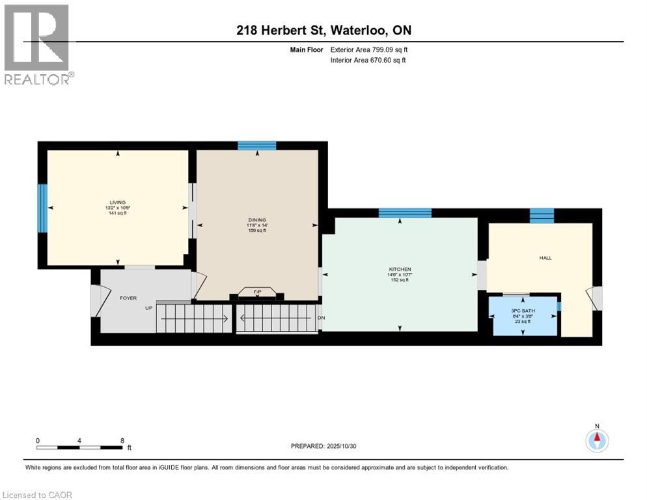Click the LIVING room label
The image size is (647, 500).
[118, 202]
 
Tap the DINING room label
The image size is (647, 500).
[258, 219]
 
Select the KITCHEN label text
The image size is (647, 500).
[400, 270]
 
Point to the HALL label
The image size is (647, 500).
[545, 258]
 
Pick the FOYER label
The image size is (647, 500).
[128, 298]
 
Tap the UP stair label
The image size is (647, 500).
[148, 308]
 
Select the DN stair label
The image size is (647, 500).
[320, 318]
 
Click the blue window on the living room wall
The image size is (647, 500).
[42, 208]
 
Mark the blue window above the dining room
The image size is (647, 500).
[256, 146]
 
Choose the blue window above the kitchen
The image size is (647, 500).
[405, 213]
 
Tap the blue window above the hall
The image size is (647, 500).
[542, 215]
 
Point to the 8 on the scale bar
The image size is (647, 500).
[122, 441]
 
